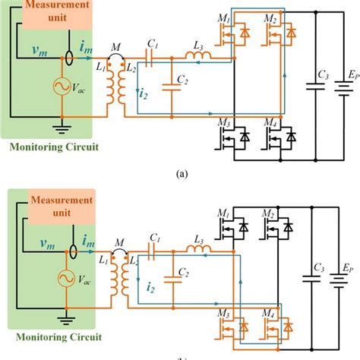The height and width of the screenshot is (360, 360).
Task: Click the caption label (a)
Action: tap(181, 173)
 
